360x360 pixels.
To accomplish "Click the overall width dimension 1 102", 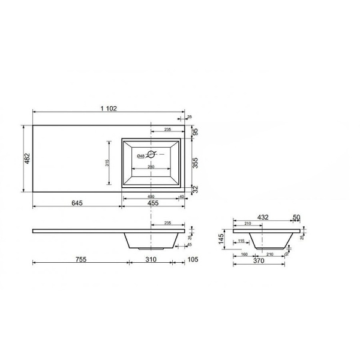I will pos(109,108).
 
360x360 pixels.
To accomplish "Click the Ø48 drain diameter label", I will pos(140,156).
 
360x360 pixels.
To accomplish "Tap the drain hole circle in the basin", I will pos(151,154).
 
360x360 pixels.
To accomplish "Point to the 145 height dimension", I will pos(221,239).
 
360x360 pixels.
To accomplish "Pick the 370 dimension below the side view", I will pos(259,261).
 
